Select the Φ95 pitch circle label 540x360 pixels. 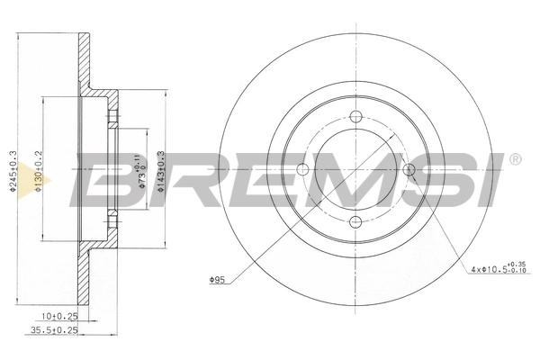pos(216,281)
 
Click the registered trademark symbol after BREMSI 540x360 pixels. pos(515,160)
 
